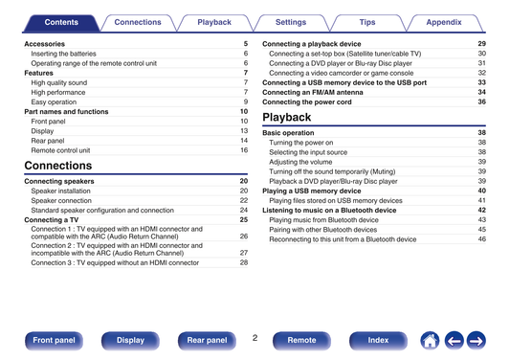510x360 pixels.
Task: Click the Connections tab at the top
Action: click(x=138, y=22)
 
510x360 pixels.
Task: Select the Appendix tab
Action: click(x=444, y=22)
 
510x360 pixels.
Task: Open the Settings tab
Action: click(x=291, y=22)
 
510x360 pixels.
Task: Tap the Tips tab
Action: click(x=367, y=22)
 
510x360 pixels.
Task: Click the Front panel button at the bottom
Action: click(x=54, y=341)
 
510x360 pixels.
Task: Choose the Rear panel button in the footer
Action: click(x=207, y=341)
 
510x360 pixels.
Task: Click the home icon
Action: click(x=430, y=341)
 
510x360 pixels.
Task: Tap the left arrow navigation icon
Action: click(x=455, y=341)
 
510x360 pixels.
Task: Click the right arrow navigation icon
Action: click(x=477, y=341)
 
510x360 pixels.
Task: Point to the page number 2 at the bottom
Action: click(x=255, y=338)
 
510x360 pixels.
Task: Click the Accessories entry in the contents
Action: click(x=45, y=44)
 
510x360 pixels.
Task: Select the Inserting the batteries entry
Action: click(x=64, y=54)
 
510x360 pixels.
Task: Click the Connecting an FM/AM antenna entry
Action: click(x=313, y=93)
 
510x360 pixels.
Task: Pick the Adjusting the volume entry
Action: click(x=300, y=162)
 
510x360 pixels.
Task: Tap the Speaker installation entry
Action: click(x=61, y=191)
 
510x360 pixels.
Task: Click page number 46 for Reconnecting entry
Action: click(x=481, y=239)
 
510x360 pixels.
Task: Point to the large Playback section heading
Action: click(x=287, y=117)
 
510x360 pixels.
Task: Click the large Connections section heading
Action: click(x=58, y=166)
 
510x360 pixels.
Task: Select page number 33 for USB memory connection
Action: click(x=481, y=82)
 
